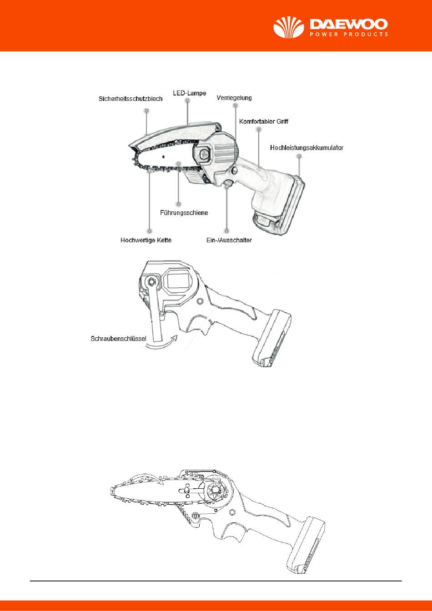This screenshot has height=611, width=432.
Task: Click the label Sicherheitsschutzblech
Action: pyautogui.click(x=131, y=98)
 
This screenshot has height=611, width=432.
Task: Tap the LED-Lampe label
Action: pyautogui.click(x=189, y=93)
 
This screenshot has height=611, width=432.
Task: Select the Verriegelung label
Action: pyautogui.click(x=234, y=98)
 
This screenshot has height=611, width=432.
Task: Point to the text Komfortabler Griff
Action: pyautogui.click(x=264, y=122)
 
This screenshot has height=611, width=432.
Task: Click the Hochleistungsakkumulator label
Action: pyautogui.click(x=306, y=148)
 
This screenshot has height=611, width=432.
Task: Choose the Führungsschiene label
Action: pyautogui.click(x=184, y=212)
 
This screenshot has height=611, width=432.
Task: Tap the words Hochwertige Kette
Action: pyautogui.click(x=146, y=240)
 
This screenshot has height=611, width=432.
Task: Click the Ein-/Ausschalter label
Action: pyautogui.click(x=226, y=240)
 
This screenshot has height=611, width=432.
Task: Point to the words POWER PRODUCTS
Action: pyautogui.click(x=349, y=34)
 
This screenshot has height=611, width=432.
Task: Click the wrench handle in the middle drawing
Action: pyautogui.click(x=156, y=318)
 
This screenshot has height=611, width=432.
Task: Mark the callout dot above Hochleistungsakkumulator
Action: pyautogui.click(x=299, y=156)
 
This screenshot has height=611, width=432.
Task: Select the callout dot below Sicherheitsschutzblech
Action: pyautogui.click(x=146, y=110)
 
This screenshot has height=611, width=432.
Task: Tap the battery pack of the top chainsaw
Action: pyautogui.click(x=277, y=207)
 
